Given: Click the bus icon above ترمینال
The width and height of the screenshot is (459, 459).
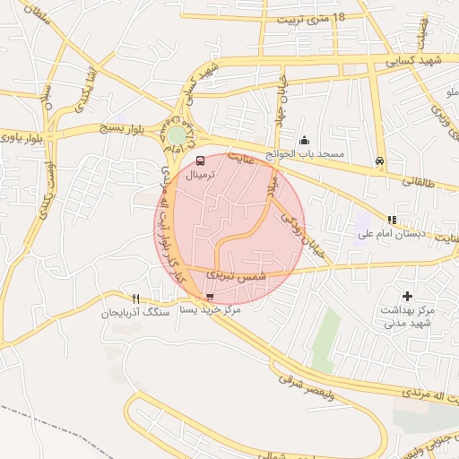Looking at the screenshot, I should click(x=198, y=161).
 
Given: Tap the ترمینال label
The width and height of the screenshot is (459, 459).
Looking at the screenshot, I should click(x=201, y=177).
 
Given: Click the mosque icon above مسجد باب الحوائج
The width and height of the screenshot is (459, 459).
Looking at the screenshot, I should click(x=305, y=140).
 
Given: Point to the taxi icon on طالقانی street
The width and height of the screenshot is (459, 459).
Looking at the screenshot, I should click(x=380, y=162).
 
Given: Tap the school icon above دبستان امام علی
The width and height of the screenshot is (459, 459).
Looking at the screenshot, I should click(x=391, y=220).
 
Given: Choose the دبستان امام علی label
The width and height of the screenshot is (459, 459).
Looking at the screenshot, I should click(x=387, y=234).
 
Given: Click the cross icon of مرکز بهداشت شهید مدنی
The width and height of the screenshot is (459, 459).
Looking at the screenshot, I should click(x=408, y=295).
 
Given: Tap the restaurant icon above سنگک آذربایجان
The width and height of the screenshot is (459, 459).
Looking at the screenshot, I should click(x=135, y=299).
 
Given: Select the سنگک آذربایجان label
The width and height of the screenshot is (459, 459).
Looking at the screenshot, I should click(x=134, y=314).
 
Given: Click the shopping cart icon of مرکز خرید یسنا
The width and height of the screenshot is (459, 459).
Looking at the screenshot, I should click(x=210, y=297).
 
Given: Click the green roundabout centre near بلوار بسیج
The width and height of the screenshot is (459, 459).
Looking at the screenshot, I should click(x=178, y=135).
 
